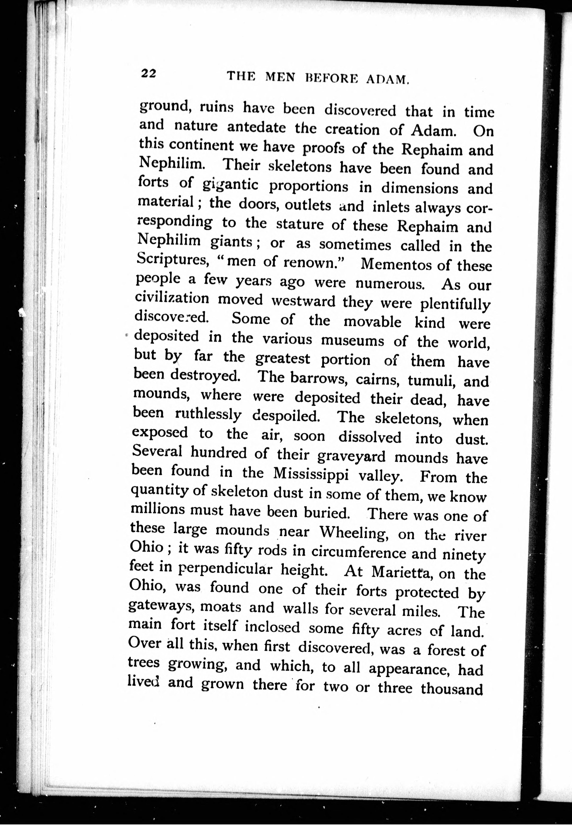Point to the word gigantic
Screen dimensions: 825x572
230,185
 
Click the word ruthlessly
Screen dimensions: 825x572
208,415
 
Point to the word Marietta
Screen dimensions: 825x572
398,572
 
